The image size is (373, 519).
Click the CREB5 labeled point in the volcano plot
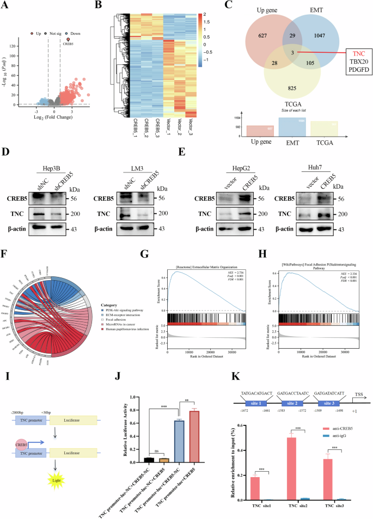68,39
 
